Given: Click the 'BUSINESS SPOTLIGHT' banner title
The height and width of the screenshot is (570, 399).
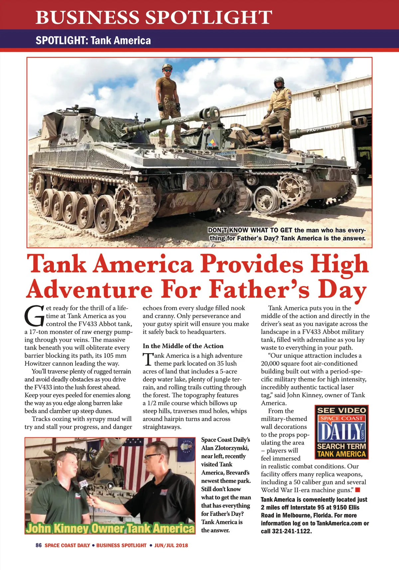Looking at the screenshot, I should pyautogui.click(x=154, y=17).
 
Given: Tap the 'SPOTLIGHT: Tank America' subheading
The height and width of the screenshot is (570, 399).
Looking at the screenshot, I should pyautogui.click(x=93, y=41).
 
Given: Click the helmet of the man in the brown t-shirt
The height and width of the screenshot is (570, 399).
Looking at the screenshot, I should pyautogui.click(x=167, y=68).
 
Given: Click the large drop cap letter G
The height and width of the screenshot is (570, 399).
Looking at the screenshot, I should pyautogui.click(x=34, y=316).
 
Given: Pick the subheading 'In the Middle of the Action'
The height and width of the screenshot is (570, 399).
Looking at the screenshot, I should pyautogui.click(x=183, y=346).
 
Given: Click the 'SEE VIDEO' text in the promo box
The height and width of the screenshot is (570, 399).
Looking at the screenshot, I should pyautogui.click(x=341, y=410).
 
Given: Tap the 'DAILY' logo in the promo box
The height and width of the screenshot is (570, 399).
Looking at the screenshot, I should pyautogui.click(x=341, y=431).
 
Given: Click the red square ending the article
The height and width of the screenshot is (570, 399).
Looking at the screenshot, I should pyautogui.click(x=357, y=490).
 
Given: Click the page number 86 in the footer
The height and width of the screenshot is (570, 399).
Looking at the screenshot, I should pyautogui.click(x=39, y=545).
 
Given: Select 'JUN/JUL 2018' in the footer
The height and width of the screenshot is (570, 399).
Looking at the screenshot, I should pyautogui.click(x=171, y=545).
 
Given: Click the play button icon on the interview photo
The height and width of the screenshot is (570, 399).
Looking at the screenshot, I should pyautogui.click(x=110, y=486).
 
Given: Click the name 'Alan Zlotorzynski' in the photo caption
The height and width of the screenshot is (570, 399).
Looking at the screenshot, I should pyautogui.click(x=225, y=448).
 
